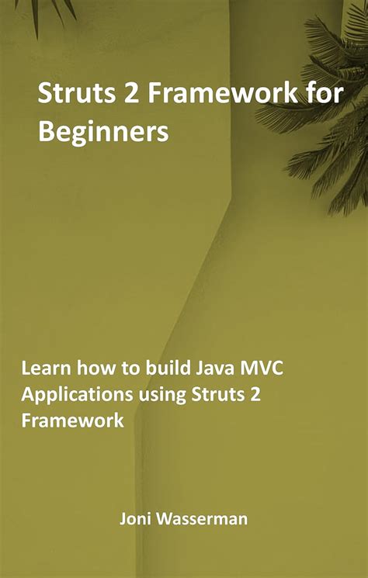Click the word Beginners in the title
(103, 133)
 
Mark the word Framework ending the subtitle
(72, 421)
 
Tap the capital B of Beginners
(47, 133)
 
